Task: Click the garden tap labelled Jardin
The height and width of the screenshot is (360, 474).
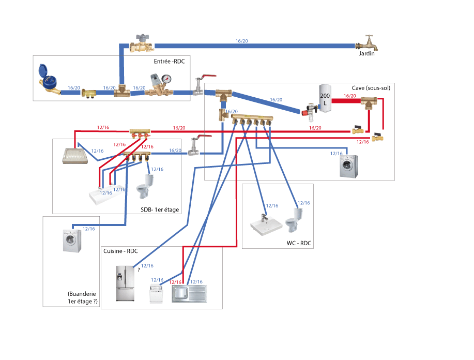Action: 369,43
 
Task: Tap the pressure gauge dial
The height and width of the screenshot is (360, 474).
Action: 166,80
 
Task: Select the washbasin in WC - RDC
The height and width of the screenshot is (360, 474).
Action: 267,225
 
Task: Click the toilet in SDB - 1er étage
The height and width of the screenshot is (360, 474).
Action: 145,187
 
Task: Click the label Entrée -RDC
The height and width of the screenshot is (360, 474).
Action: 169,62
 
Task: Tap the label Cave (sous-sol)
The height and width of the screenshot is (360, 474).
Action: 371,88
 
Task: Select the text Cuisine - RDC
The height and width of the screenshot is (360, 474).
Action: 120,251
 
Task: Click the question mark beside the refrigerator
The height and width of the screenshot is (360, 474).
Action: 139,269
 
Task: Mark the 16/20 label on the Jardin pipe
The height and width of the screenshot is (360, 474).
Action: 241,41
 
